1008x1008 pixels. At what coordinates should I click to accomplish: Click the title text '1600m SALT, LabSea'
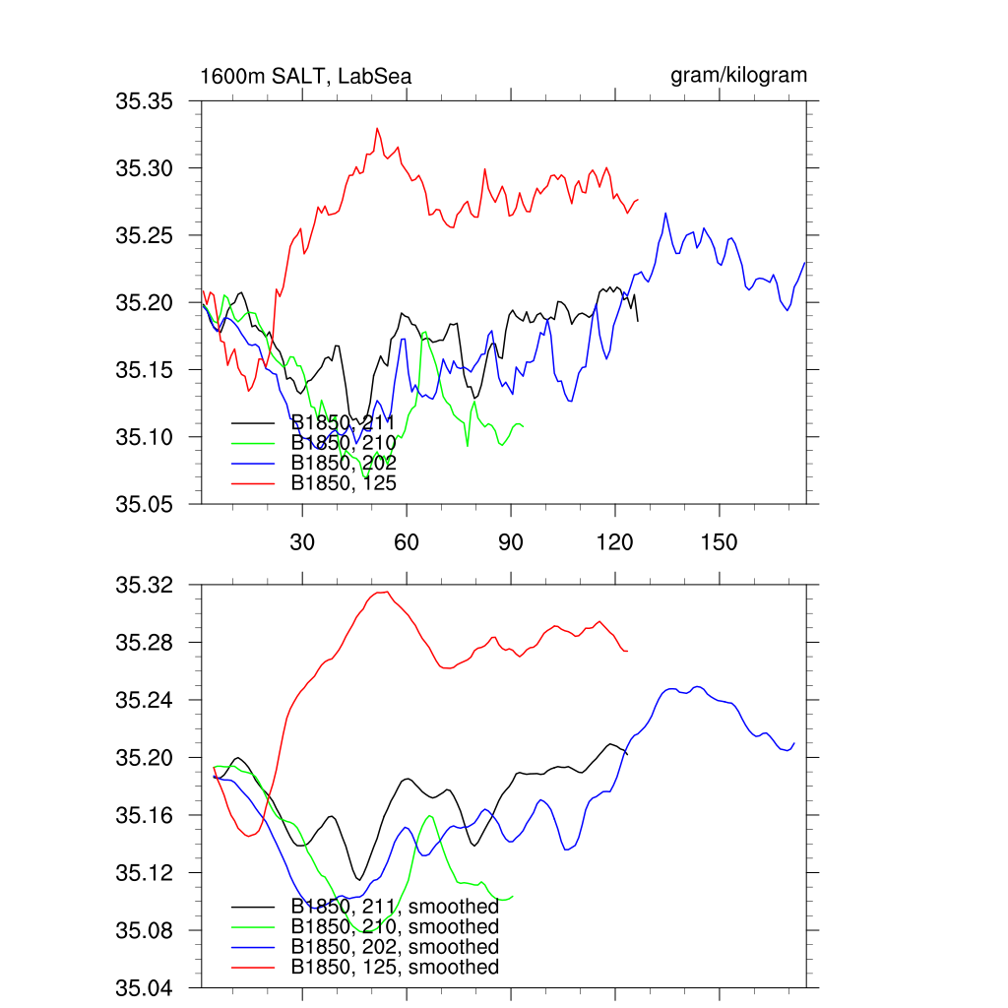click(x=306, y=76)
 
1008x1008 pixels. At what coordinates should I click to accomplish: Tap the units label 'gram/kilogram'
click(x=739, y=75)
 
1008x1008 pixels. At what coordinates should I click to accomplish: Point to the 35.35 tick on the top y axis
click(x=145, y=101)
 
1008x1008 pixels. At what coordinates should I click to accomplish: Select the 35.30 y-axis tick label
click(x=145, y=168)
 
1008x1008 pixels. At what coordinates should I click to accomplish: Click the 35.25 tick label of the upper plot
click(x=145, y=235)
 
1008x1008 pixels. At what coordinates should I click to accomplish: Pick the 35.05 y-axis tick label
click(x=145, y=504)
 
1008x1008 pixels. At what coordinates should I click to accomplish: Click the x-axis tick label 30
click(x=301, y=543)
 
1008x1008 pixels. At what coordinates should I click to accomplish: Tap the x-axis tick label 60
click(x=406, y=543)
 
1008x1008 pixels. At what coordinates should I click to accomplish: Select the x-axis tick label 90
click(x=510, y=543)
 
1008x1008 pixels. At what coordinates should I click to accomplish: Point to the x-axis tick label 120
click(x=614, y=543)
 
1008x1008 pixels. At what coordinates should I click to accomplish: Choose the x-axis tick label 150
click(x=719, y=543)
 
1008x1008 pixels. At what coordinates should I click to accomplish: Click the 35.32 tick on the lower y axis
click(x=145, y=586)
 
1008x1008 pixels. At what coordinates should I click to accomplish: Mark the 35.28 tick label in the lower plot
click(x=145, y=643)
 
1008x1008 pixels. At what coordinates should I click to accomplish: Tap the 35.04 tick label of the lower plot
click(x=145, y=987)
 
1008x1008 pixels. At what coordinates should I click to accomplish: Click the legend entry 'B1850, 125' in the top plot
click(x=344, y=482)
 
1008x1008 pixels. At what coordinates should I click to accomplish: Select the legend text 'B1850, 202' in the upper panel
click(x=344, y=463)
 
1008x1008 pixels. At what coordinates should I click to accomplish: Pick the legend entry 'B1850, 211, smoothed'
click(x=395, y=907)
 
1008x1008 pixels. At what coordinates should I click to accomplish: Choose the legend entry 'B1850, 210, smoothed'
click(x=395, y=926)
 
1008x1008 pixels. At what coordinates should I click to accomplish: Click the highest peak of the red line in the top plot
click(x=376, y=128)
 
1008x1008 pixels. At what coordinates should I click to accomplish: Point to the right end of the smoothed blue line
click(x=793, y=743)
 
